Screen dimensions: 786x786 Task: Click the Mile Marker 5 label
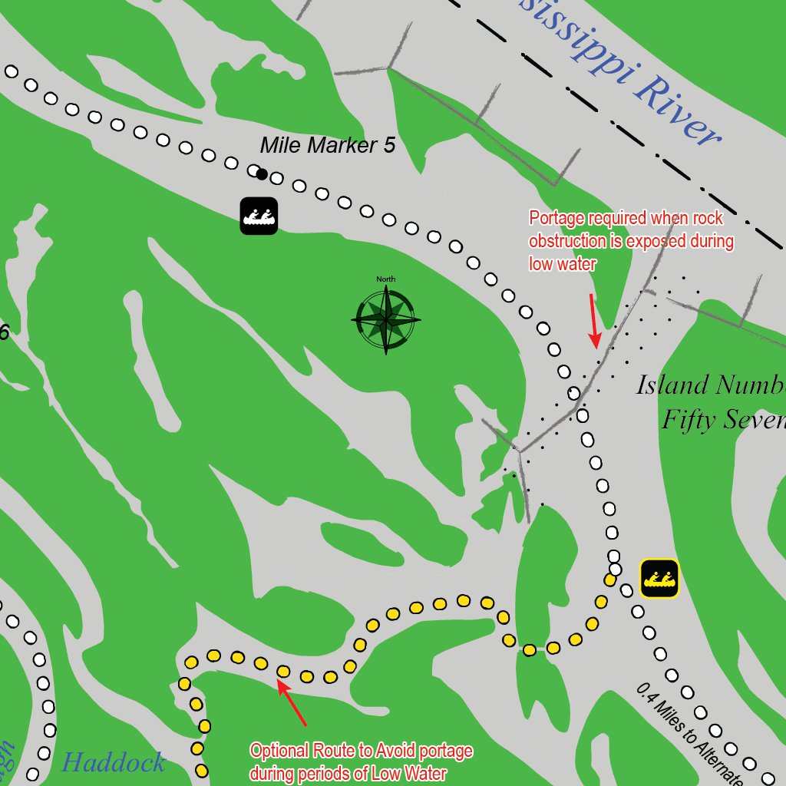[328, 145]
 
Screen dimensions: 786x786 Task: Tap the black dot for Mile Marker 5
[262, 174]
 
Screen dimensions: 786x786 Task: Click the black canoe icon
[259, 216]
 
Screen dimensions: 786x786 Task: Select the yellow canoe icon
[659, 578]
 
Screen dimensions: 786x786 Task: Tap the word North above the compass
[386, 279]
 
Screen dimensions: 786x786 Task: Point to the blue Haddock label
[113, 762]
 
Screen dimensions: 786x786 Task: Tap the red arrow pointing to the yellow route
[292, 702]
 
